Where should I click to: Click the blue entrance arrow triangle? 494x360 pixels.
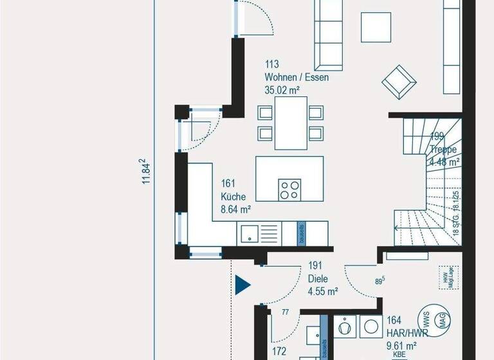[x=242, y=284]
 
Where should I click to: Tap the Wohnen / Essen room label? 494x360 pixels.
[x=297, y=78]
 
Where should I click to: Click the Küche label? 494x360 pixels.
[x=233, y=197]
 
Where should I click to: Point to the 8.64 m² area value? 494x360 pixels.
[x=236, y=209]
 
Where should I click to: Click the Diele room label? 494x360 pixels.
[x=318, y=279]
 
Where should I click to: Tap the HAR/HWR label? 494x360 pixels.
[x=403, y=332]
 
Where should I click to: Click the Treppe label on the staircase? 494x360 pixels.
[x=443, y=150]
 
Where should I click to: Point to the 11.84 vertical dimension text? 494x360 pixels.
[x=147, y=172]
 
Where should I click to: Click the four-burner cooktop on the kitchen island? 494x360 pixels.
[x=289, y=189]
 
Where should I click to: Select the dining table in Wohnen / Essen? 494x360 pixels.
[x=290, y=122]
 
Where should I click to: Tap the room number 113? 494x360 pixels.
[x=271, y=65]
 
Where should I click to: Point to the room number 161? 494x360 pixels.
[x=228, y=184]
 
